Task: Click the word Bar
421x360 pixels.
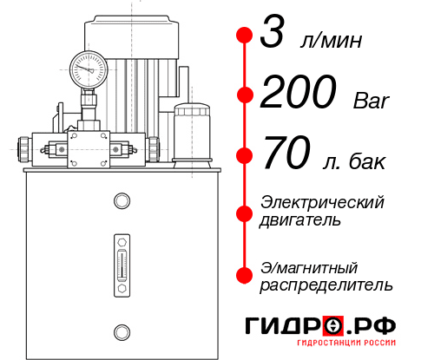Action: (x=372, y=101)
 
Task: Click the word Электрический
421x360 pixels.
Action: (x=322, y=203)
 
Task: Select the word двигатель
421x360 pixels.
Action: (x=300, y=221)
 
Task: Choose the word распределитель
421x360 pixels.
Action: (x=326, y=285)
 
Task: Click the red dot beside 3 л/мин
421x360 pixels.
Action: (x=245, y=36)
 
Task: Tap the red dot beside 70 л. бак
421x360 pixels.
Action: (x=245, y=156)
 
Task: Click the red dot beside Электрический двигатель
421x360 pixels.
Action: (x=245, y=213)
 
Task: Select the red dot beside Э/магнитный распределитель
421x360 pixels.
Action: (x=245, y=275)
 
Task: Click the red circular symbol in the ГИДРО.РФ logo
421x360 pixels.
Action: (x=334, y=326)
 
